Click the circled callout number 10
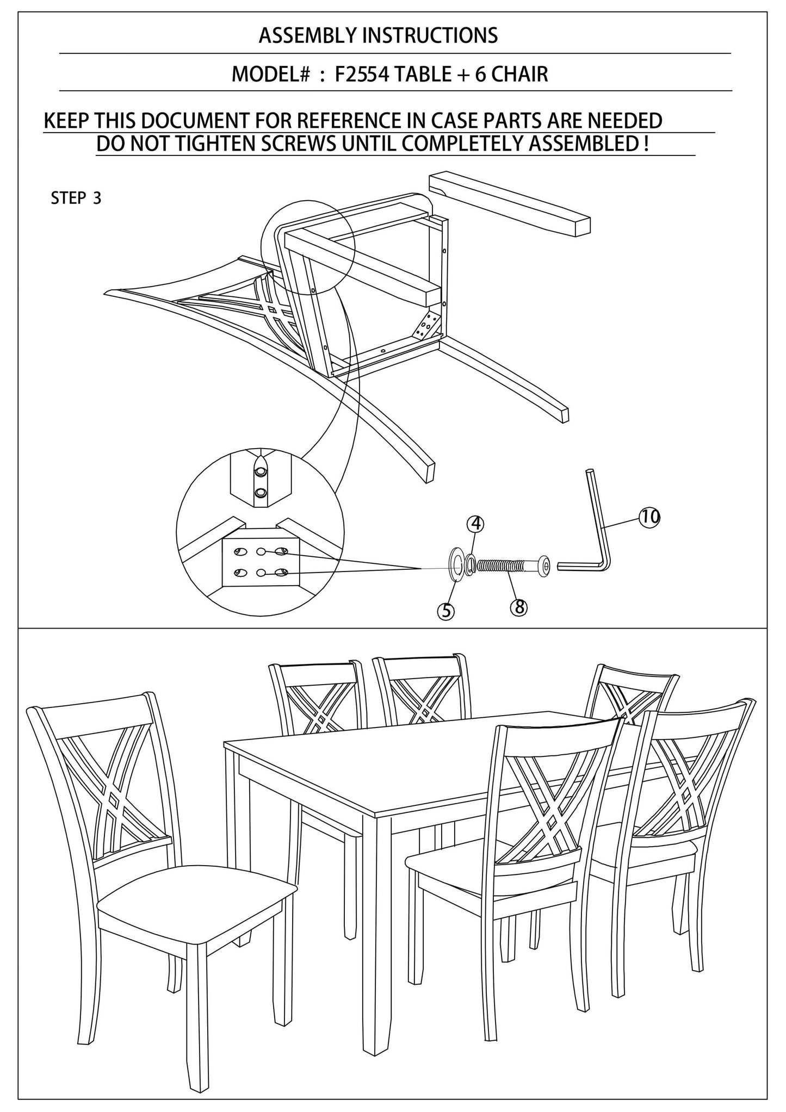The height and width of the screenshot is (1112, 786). tap(648, 516)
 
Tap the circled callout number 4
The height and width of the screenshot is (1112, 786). tap(475, 524)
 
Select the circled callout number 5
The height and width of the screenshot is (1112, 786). tap(445, 611)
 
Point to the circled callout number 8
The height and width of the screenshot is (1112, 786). tap(519, 606)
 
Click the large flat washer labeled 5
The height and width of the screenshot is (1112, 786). tap(455, 566)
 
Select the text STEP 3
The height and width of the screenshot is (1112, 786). tap(76, 198)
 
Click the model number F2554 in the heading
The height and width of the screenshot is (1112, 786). tap(361, 73)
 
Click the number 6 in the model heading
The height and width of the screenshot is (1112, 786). tap(480, 73)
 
